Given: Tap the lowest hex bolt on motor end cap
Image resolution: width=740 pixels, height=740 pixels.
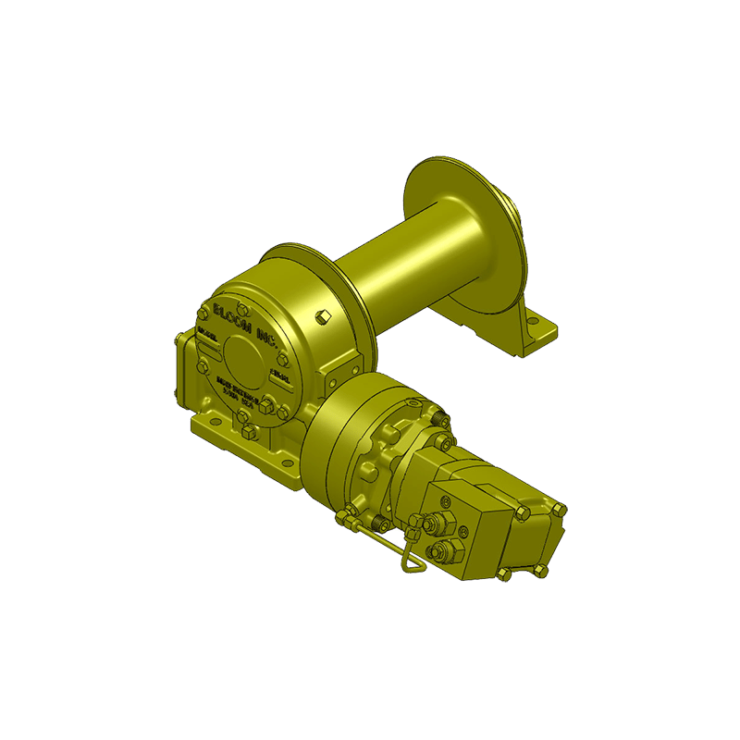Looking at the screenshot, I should coord(503,574).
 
